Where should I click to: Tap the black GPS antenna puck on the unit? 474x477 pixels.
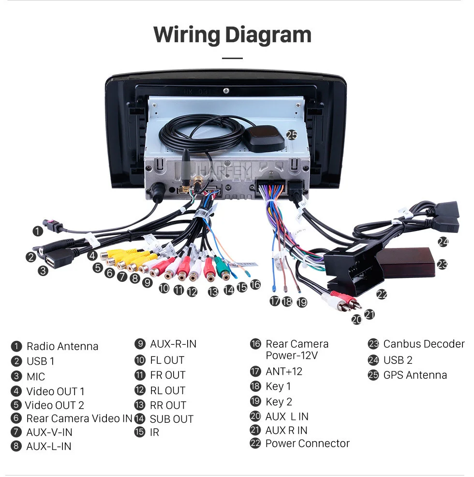(x=264, y=139)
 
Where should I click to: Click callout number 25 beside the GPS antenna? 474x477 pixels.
(x=292, y=135)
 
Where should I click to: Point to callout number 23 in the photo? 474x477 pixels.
(x=442, y=264)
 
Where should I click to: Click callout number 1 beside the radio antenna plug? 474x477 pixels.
(x=38, y=231)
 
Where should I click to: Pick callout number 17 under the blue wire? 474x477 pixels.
(x=275, y=301)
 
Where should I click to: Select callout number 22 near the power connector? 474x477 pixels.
(x=382, y=294)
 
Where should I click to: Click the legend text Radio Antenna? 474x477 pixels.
(x=62, y=346)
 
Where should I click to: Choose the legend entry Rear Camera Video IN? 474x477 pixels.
(x=79, y=418)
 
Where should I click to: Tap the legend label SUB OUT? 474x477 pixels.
(x=171, y=419)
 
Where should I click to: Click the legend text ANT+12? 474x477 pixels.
(x=283, y=371)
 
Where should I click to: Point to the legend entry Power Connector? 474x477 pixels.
(x=307, y=444)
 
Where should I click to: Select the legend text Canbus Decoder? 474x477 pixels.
(x=423, y=344)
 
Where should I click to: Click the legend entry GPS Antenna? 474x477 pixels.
(x=415, y=375)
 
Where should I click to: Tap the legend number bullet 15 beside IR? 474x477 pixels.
(x=140, y=432)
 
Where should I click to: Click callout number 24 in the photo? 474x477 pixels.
(x=443, y=242)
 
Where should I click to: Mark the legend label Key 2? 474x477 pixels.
(x=279, y=401)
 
